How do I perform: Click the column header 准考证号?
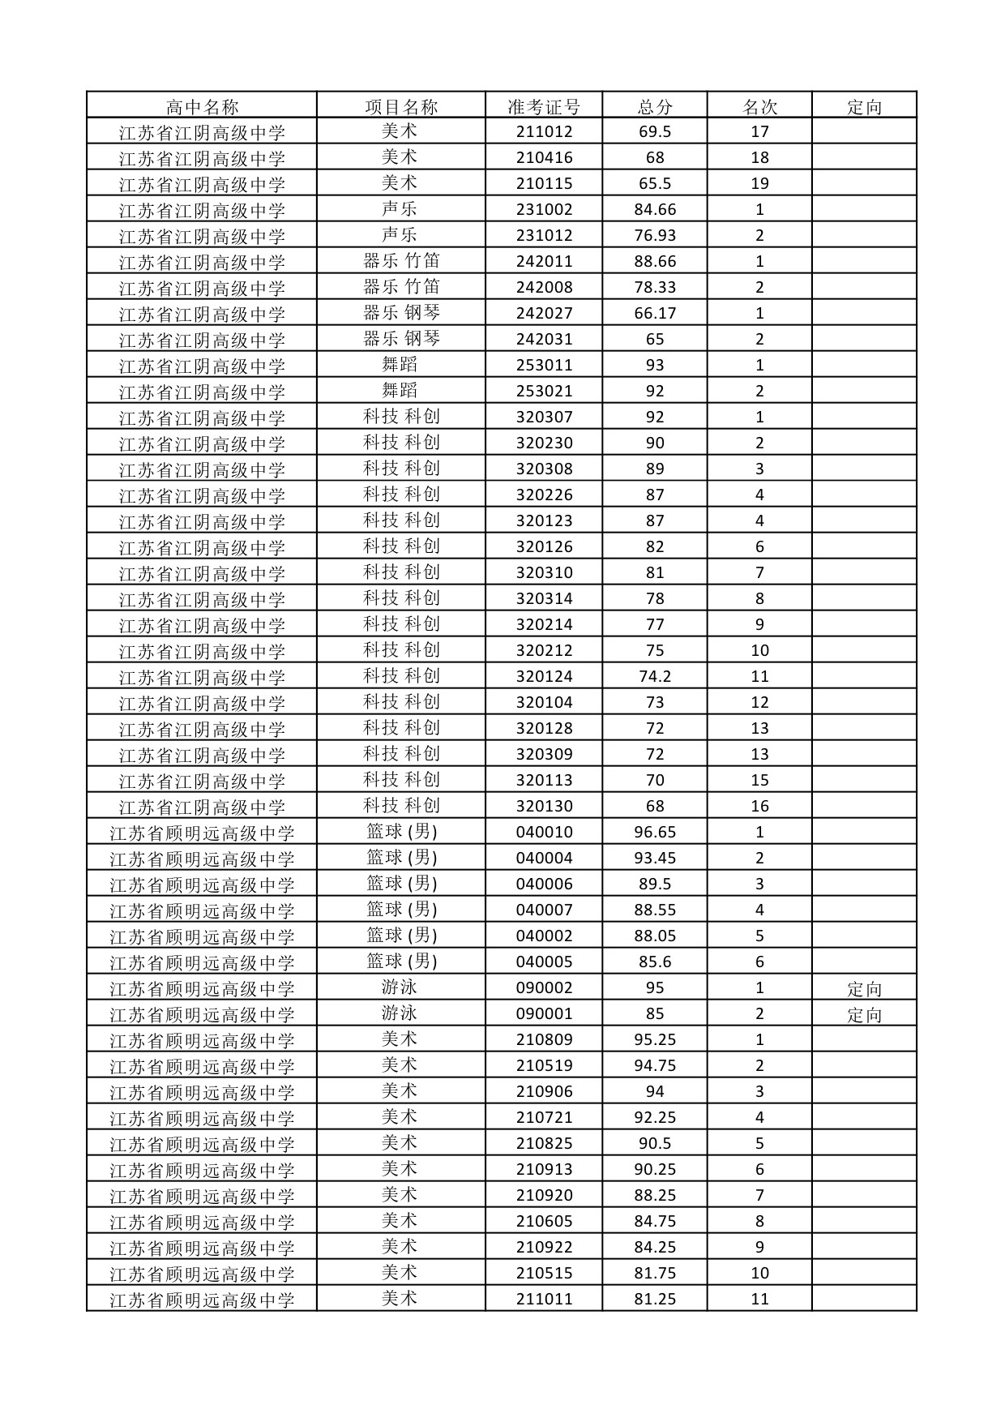tap(544, 106)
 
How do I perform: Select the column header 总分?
tap(655, 106)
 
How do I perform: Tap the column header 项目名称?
tap(401, 106)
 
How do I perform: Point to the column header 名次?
tap(759, 106)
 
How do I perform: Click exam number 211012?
tap(544, 132)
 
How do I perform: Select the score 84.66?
tap(655, 210)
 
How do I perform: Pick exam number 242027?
tap(544, 314)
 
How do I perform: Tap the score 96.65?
tap(655, 833)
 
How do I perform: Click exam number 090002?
tap(544, 988)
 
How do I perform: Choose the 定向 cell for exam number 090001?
tap(864, 1014)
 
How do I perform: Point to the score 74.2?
tap(655, 677)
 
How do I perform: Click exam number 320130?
tap(544, 807)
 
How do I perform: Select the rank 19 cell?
tap(759, 184)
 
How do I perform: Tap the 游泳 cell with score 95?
tap(400, 987)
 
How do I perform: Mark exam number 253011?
tap(544, 366)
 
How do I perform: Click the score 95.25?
tap(655, 1040)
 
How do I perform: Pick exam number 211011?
tap(544, 1300)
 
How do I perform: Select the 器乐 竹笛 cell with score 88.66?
tap(401, 261)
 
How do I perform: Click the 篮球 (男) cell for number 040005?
tap(401, 962)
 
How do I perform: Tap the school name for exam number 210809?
tap(202, 1040)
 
